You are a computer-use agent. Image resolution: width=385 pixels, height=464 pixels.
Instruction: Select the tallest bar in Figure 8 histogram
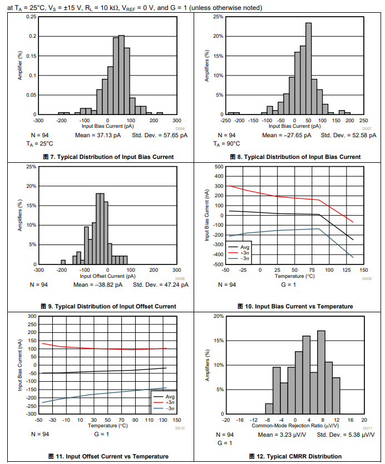pos(308,69)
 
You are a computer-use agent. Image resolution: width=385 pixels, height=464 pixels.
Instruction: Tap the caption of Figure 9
pos(108,306)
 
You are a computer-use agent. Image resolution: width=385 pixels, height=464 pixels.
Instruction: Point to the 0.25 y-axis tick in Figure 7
pos(32,17)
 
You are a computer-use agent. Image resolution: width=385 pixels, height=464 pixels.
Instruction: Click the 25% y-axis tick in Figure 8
pos(218,17)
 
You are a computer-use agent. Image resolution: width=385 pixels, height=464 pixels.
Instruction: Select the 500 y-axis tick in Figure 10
pos(219,167)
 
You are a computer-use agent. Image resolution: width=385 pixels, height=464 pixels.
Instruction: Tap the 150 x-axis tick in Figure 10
pos(364,270)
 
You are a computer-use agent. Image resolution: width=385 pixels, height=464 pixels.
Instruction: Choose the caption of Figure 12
pos(294,456)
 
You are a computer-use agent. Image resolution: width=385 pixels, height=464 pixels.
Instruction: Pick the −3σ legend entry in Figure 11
pos(170,408)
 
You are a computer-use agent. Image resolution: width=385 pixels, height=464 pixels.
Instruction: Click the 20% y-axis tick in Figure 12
pos(218,316)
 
